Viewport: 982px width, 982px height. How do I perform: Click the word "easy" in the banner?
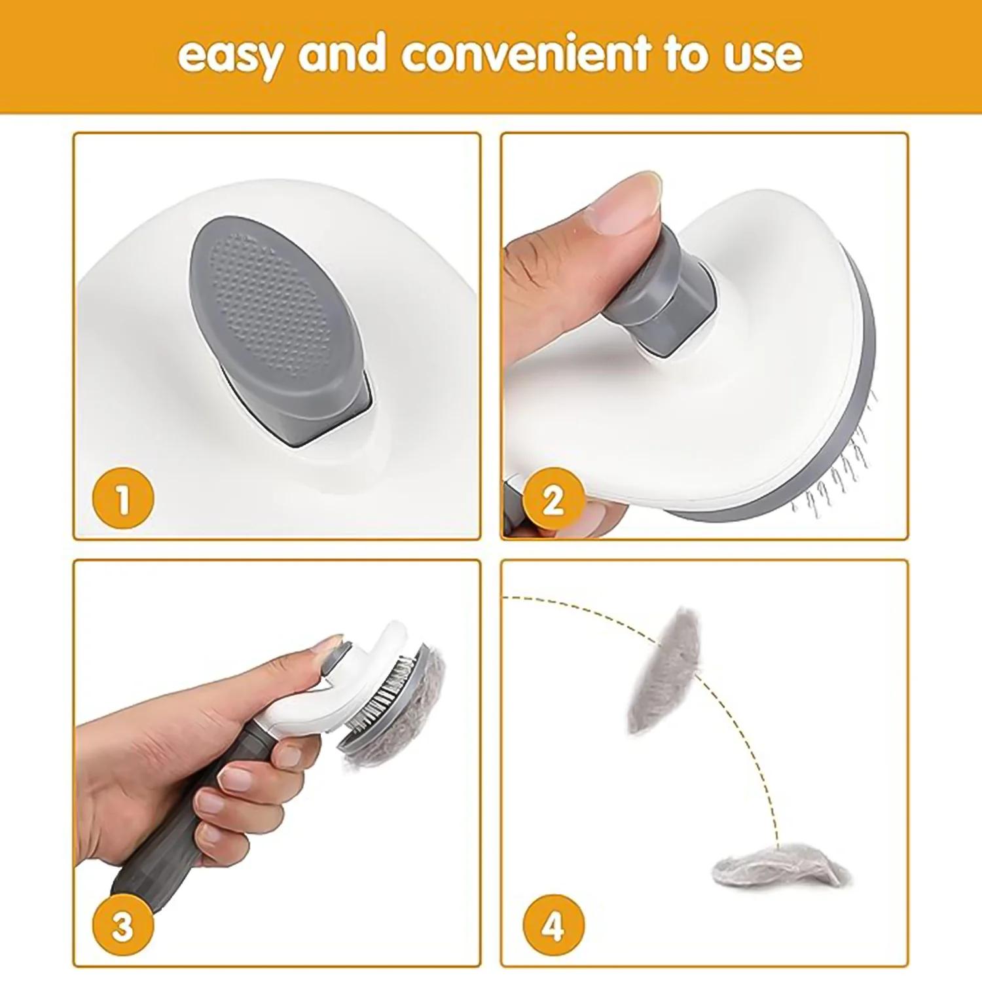coord(230,56)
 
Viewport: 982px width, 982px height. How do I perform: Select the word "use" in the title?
coord(763,56)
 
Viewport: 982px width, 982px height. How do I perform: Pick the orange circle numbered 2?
coord(553,500)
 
